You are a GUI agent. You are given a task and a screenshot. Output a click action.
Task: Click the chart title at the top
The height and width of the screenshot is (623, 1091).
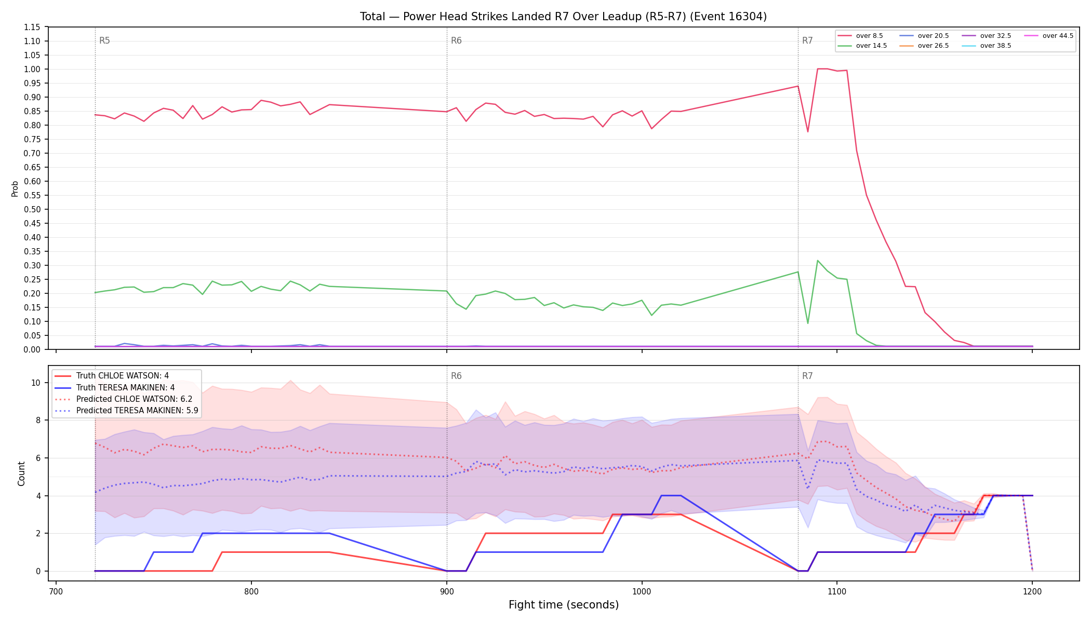click(x=563, y=17)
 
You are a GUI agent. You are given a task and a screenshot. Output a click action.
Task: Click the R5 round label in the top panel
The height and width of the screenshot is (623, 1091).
click(x=104, y=40)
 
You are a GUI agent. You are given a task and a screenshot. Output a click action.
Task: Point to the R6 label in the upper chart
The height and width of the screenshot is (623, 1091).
click(x=456, y=40)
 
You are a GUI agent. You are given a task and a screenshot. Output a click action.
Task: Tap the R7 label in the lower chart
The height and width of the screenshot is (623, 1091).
click(x=807, y=376)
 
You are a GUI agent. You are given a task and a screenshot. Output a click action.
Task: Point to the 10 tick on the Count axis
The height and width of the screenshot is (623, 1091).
click(x=35, y=383)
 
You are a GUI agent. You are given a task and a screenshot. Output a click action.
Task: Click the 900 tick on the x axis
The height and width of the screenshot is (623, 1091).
click(x=447, y=591)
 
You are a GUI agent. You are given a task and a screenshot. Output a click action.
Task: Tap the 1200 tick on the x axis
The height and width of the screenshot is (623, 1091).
click(x=1032, y=591)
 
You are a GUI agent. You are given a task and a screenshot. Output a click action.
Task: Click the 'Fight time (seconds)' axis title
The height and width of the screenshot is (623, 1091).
click(x=564, y=605)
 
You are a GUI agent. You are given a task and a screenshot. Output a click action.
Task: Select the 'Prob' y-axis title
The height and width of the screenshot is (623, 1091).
click(x=15, y=188)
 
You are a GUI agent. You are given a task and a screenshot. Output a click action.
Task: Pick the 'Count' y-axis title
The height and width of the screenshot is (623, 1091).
click(x=21, y=473)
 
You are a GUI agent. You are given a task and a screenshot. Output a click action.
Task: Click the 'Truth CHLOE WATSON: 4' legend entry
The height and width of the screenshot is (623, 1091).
click(x=123, y=376)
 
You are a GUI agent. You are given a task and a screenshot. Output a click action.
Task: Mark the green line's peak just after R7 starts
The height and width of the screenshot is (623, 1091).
click(x=817, y=260)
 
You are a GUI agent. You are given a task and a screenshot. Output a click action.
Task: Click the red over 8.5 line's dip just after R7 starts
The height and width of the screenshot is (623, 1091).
click(x=807, y=132)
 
